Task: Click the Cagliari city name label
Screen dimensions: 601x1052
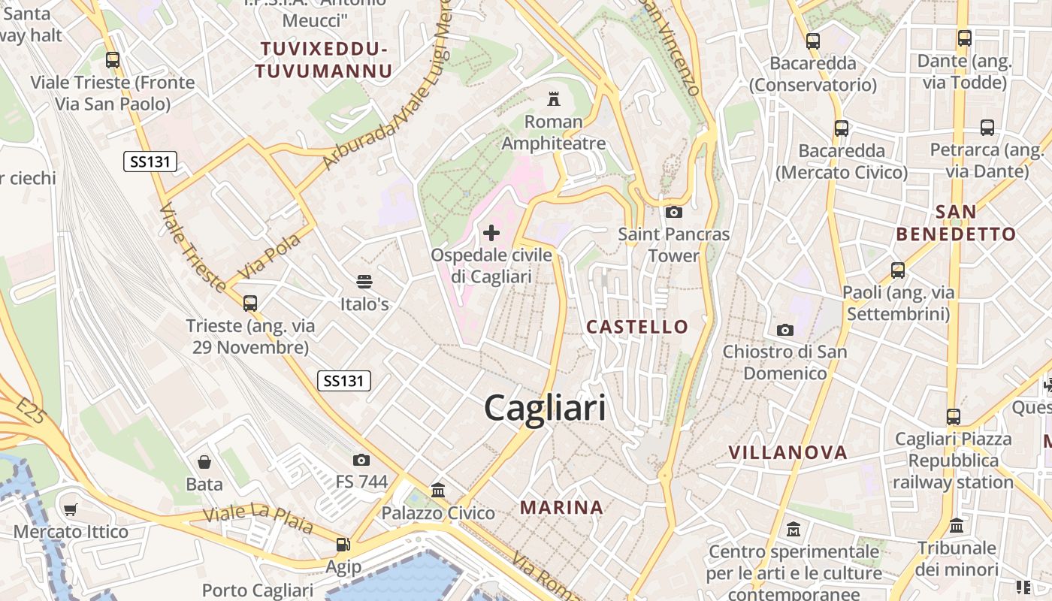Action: point(545,409)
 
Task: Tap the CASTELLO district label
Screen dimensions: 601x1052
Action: point(637,327)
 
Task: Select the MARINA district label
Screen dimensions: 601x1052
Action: point(562,508)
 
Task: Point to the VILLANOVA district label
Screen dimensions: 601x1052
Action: point(788,452)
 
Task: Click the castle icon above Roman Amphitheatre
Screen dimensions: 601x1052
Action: point(554,98)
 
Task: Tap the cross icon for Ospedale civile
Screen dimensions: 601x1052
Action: point(491,233)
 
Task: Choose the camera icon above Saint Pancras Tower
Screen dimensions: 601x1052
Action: point(674,212)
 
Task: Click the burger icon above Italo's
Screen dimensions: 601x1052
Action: point(364,282)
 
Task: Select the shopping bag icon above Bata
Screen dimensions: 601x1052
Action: point(204,461)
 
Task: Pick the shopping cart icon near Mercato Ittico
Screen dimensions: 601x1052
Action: point(71,510)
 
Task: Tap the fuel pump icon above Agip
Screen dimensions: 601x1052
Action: point(343,544)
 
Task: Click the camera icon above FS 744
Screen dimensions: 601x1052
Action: point(361,460)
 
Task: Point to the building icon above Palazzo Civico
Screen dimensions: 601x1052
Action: point(438,491)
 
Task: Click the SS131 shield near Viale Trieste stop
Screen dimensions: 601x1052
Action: point(150,161)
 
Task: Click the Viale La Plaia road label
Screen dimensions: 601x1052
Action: point(258,519)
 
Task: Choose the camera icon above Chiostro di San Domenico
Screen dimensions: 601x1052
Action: point(785,330)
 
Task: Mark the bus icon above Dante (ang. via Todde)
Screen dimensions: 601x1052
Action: point(965,38)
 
